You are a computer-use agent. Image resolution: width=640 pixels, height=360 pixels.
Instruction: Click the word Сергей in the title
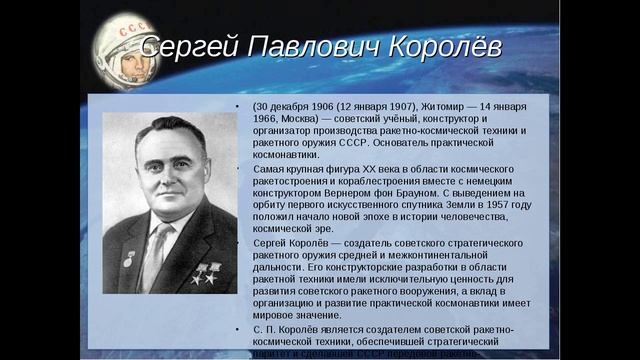coord(185,47)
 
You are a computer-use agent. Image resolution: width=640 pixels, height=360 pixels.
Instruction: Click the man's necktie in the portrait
coord(155,255)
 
